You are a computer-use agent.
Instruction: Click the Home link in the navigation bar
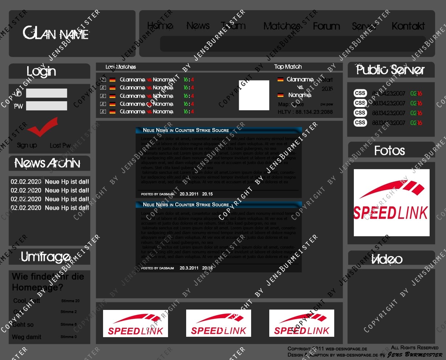pos(160,26)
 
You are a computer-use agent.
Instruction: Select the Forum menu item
pos(326,26)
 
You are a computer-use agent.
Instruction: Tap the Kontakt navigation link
pos(408,26)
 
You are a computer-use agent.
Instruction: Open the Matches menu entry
pos(282,26)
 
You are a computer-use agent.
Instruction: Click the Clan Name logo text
pos(56,33)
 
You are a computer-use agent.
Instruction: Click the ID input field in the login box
pos(46,93)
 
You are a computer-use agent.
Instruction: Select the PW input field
pos(46,106)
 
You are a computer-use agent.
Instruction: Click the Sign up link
pos(27,145)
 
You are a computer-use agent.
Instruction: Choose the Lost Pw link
pos(60,146)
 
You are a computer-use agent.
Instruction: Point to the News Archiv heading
pos(48,163)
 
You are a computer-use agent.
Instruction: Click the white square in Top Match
pos(254,95)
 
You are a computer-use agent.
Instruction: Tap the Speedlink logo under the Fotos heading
pos(391,202)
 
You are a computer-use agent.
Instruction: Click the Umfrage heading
pos(46,257)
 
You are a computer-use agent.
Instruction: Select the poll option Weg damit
pos(26,337)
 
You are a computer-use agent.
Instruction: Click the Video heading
pos(387,259)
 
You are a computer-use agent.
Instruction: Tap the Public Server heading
pos(390,70)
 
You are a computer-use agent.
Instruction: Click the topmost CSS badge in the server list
pos(360,93)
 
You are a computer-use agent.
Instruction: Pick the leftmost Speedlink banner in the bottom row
pos(135,323)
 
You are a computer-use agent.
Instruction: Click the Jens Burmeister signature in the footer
pos(414,355)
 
